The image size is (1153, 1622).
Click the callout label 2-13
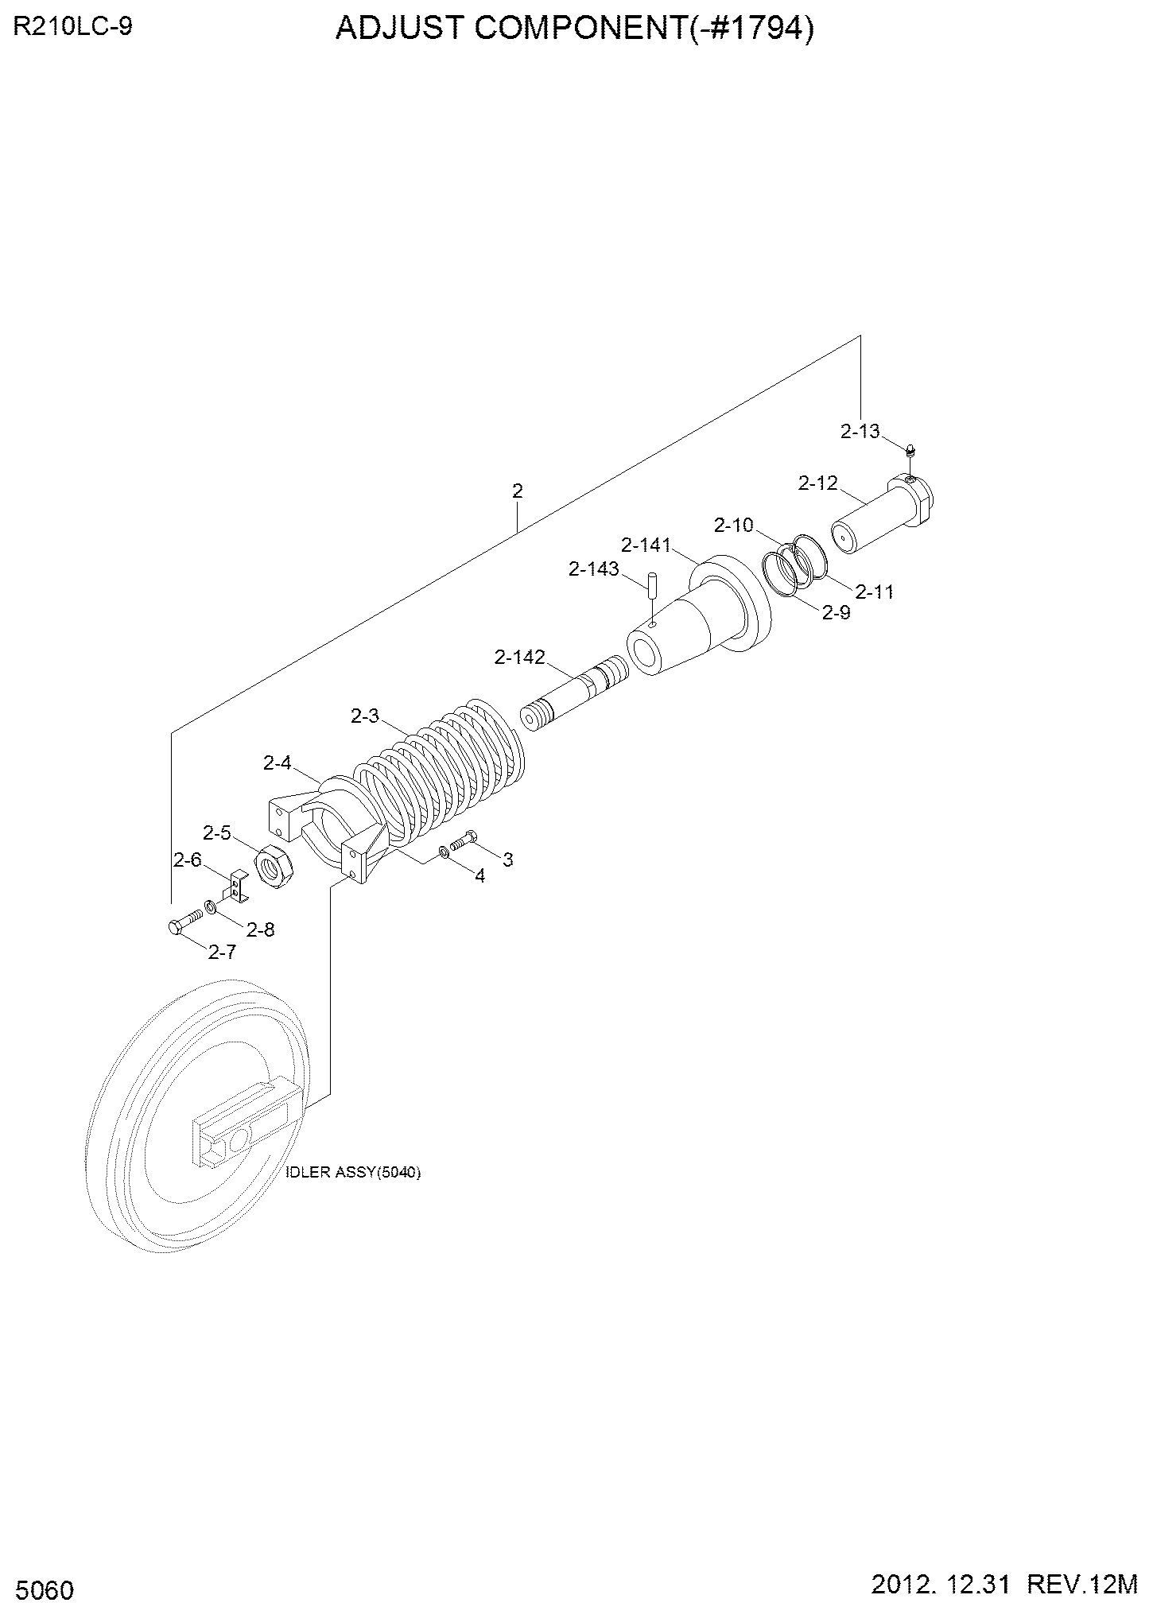[x=860, y=431]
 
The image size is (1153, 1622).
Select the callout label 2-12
[x=818, y=483]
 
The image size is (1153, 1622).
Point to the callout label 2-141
[x=646, y=545]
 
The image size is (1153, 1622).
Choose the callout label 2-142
[x=520, y=657]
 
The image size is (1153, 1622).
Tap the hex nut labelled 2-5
[x=274, y=866]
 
